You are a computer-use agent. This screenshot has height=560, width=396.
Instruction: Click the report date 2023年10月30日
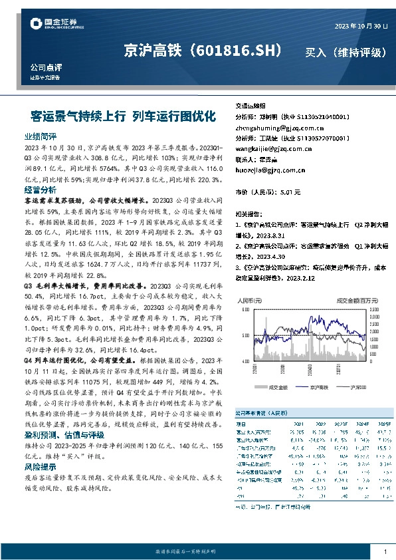tap(359, 26)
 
